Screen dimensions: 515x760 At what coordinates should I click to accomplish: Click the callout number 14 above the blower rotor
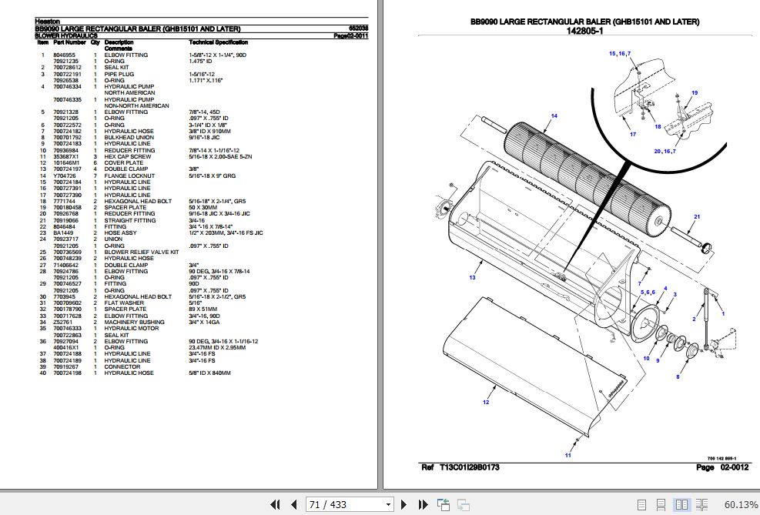click(x=553, y=115)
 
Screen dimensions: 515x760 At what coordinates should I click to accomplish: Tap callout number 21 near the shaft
click(x=696, y=217)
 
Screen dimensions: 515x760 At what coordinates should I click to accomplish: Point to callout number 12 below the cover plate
click(x=485, y=402)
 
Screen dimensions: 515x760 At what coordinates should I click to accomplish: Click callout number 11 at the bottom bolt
click(x=567, y=456)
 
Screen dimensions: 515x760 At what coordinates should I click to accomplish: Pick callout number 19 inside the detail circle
click(x=694, y=92)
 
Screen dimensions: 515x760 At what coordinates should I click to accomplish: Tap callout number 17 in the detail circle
click(x=632, y=135)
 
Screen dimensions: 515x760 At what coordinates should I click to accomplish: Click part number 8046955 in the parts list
click(x=64, y=55)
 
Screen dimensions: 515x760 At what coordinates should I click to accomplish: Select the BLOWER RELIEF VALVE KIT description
click(x=142, y=252)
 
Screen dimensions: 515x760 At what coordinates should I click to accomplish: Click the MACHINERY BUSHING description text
click(x=135, y=322)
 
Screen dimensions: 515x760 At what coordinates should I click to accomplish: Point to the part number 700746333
click(x=68, y=329)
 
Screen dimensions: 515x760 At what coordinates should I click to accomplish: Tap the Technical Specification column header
click(x=219, y=42)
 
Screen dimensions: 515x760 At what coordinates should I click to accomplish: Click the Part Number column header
click(x=69, y=42)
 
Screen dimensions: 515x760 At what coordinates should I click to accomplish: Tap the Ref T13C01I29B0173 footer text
click(x=460, y=467)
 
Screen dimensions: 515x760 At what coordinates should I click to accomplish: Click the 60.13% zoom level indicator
click(x=741, y=505)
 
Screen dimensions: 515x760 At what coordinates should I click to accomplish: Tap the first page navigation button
click(x=275, y=505)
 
